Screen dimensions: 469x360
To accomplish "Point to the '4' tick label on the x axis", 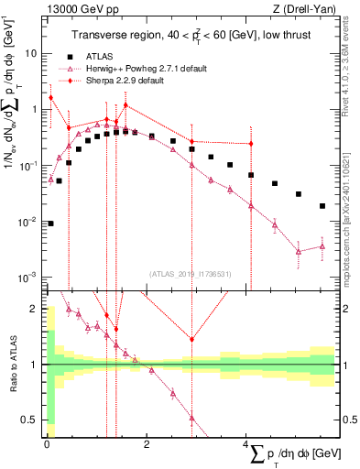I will click(x=246, y=445).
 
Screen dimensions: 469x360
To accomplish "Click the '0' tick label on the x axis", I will click(x=46, y=445).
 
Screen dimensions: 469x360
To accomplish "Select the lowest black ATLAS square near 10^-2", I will click(x=49, y=223).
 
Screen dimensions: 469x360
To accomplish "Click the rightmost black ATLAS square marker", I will click(x=322, y=206).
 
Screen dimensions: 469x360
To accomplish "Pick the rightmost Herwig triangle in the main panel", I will click(x=322, y=245).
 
